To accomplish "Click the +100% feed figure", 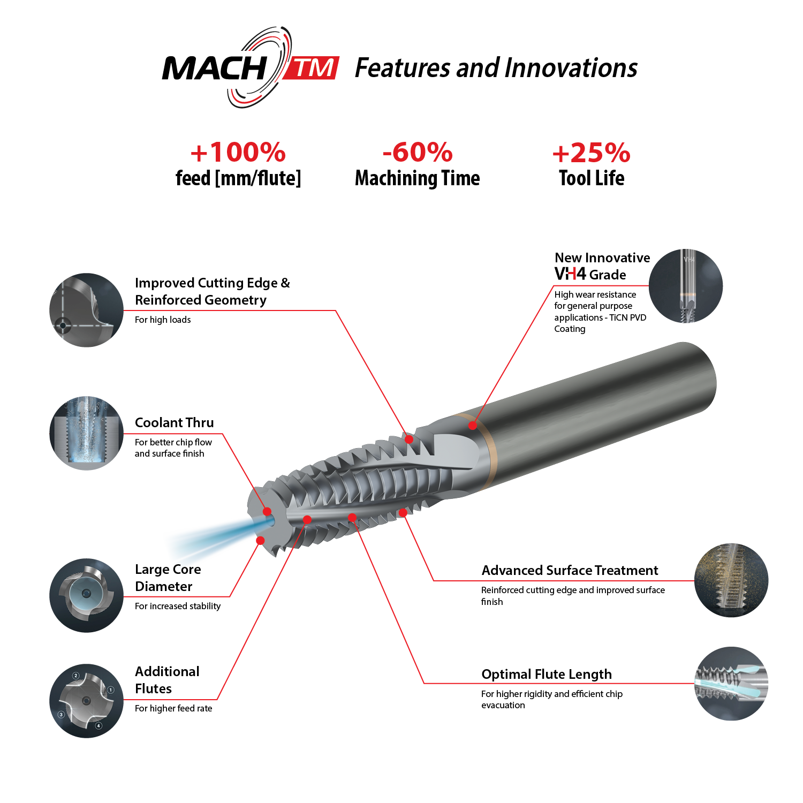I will click(238, 153).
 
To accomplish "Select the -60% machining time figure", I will click(418, 153).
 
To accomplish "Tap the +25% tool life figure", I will click(592, 153).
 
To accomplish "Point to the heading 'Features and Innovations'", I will click(496, 69).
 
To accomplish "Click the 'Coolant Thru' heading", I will click(174, 422).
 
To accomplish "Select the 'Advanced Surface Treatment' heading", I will click(570, 570).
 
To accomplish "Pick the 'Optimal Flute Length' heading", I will click(546, 674).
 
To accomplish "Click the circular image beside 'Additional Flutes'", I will click(86, 701).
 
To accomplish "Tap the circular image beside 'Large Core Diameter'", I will click(86, 595).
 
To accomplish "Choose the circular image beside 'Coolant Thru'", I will click(86, 433).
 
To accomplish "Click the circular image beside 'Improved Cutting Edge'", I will click(86, 310).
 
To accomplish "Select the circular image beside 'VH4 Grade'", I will click(686, 286).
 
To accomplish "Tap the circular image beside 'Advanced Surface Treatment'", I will click(731, 580).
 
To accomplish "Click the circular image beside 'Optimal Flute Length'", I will click(731, 684).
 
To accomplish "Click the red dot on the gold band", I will click(472, 426).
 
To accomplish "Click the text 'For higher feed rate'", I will click(173, 708).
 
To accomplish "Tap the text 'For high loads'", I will click(163, 320).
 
